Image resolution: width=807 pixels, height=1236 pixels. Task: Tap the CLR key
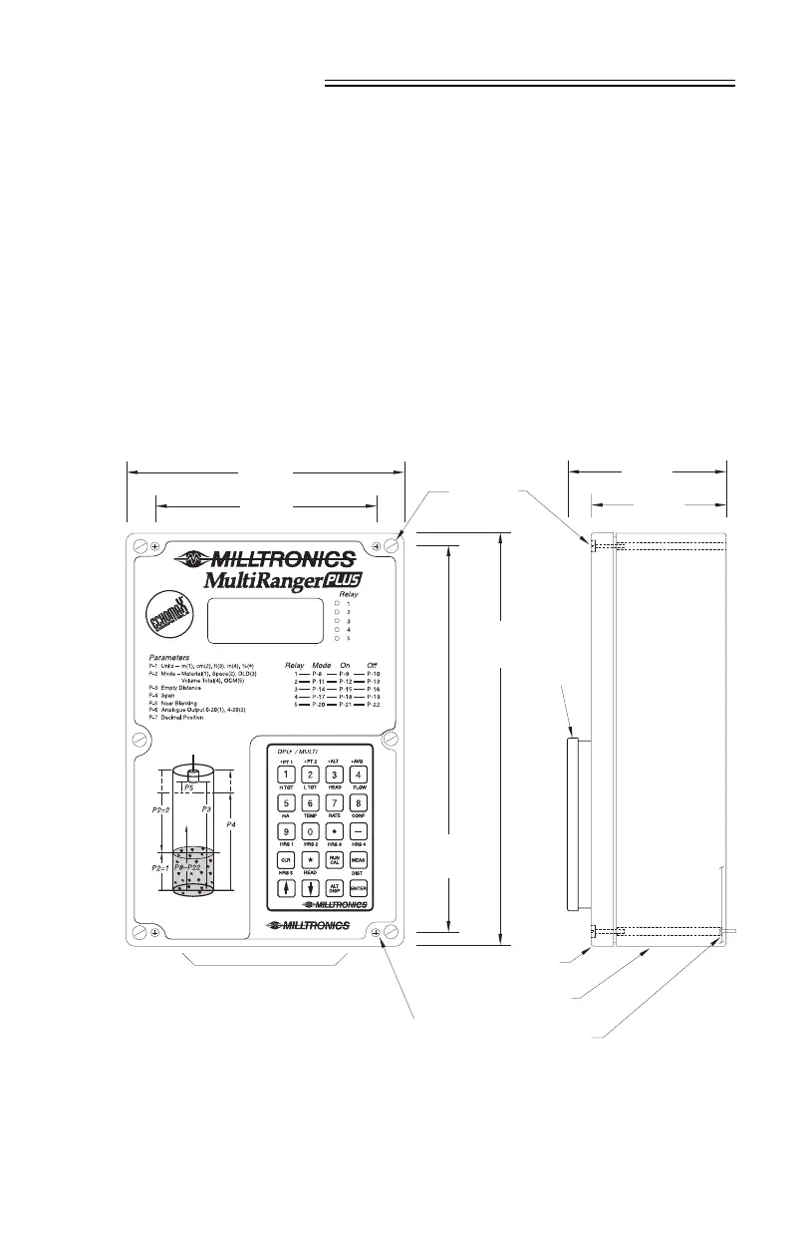pyautogui.click(x=285, y=858)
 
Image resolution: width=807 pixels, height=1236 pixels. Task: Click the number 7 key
pyautogui.click(x=335, y=802)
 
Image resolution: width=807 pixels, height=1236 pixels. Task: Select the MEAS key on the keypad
pyautogui.click(x=359, y=858)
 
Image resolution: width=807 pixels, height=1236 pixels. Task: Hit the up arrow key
pyautogui.click(x=285, y=889)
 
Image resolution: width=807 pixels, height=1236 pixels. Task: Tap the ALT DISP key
pyautogui.click(x=335, y=889)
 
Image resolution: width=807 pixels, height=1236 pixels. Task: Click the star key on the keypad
pyautogui.click(x=310, y=858)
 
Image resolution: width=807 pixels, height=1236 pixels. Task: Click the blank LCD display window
pyautogui.click(x=265, y=621)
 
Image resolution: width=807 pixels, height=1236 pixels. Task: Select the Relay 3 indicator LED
pyautogui.click(x=338, y=621)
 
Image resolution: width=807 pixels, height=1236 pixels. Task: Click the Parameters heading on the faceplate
pyautogui.click(x=175, y=658)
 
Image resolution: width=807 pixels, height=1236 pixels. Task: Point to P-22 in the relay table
pyautogui.click(x=374, y=705)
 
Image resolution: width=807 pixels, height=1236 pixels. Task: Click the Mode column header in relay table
pyautogui.click(x=321, y=664)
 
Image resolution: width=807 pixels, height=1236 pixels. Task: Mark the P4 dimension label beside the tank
pyautogui.click(x=232, y=825)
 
